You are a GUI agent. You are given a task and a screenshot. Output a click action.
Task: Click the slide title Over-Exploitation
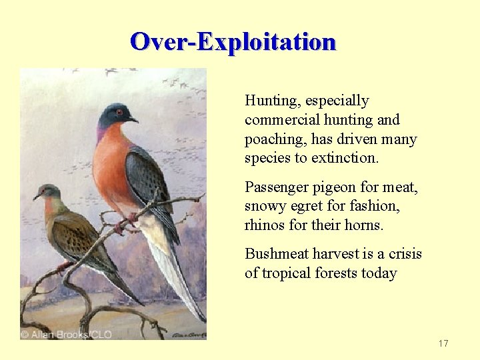click(233, 41)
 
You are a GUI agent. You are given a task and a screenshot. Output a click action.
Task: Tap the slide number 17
click(443, 343)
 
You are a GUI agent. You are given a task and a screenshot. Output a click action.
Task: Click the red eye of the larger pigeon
click(119, 112)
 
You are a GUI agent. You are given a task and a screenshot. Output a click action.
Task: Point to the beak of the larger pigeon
click(133, 120)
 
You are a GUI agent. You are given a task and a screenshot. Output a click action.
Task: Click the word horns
click(363, 226)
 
